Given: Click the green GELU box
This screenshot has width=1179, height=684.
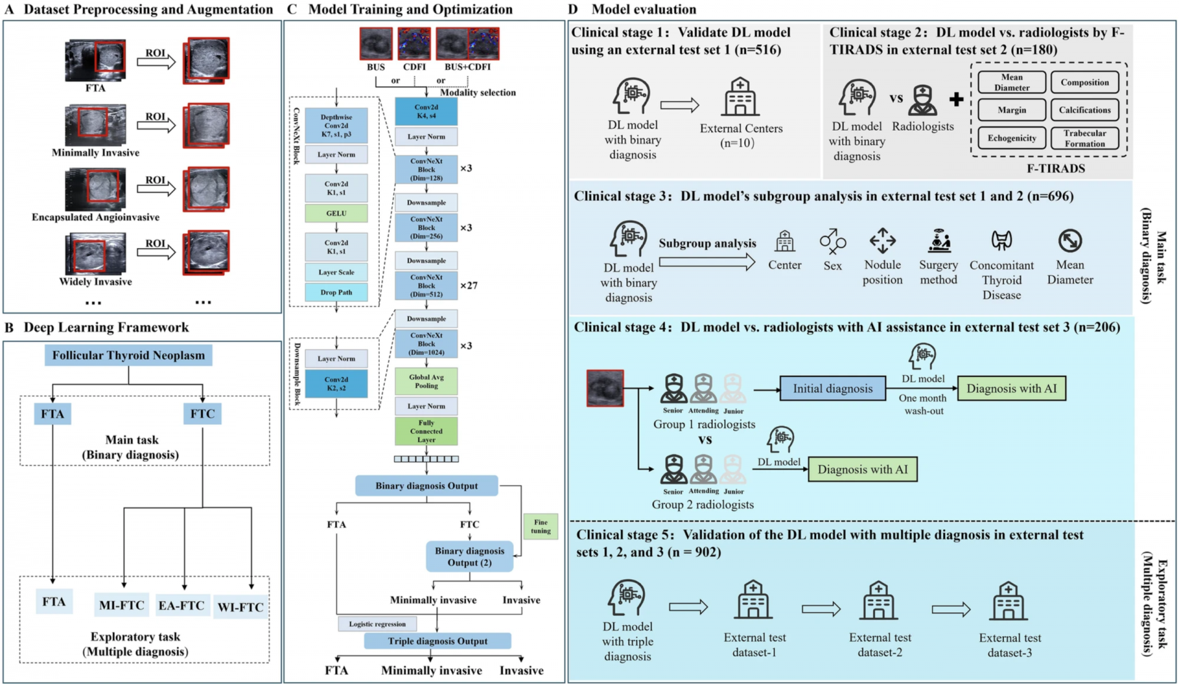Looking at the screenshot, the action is (336, 213).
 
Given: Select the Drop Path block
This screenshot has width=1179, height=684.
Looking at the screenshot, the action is (336, 292).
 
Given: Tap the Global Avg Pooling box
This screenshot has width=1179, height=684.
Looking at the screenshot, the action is (426, 381).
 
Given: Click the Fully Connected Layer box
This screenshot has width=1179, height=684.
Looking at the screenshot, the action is (426, 431).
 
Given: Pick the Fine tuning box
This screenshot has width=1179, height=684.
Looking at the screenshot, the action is (540, 526).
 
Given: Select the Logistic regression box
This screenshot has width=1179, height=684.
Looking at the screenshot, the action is (377, 624).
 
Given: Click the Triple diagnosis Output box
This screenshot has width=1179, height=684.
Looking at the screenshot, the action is (437, 641).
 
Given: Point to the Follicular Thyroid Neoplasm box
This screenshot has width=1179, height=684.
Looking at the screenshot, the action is (128, 356).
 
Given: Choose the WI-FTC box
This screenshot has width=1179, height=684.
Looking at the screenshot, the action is (241, 607).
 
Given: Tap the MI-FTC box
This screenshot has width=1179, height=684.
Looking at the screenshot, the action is (122, 605).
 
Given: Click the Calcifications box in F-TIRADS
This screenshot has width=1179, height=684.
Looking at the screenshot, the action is (1084, 110).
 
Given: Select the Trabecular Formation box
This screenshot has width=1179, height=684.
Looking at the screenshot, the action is (1084, 138).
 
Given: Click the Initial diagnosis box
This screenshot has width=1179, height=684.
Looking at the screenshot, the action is (833, 389).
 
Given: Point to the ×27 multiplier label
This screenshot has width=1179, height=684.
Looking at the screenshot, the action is (469, 286).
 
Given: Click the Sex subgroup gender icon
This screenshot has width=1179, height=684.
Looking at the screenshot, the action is (833, 241).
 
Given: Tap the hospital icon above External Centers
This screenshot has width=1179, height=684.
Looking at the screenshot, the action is (740, 97).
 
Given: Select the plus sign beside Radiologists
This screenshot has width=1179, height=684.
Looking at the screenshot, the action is (956, 99).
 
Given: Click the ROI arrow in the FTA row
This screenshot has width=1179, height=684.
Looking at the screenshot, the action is (156, 61).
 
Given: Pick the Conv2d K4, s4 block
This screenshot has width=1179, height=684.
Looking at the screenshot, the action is (426, 112).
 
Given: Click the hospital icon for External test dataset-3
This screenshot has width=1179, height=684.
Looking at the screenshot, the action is (1008, 601).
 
